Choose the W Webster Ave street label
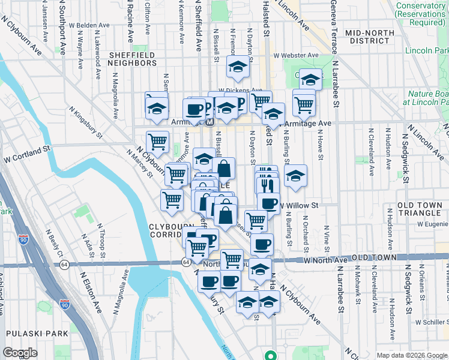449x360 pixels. click(296, 55)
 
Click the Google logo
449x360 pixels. click(20, 353)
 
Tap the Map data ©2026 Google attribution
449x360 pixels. click(412, 355)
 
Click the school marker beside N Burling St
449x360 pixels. click(295, 176)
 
